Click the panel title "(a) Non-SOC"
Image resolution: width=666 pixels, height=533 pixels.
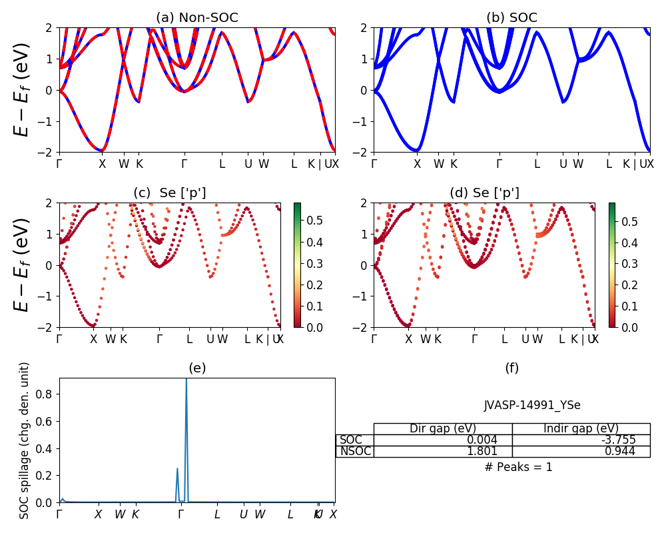[x=196, y=18]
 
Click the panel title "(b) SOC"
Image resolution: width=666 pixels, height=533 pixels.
[x=511, y=18]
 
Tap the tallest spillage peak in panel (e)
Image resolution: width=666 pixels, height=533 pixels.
[x=186, y=380]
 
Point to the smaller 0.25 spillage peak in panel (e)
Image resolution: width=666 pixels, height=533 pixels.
[x=177, y=469]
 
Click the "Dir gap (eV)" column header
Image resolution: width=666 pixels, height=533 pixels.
[x=443, y=428]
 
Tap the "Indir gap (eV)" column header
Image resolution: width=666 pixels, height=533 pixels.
[x=581, y=428]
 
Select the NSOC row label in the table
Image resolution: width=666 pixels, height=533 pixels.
[x=355, y=451]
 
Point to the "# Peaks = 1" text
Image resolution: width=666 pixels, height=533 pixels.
[x=518, y=467]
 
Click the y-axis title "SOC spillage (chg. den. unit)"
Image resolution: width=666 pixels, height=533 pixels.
[x=25, y=440]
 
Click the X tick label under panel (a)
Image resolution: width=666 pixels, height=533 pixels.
[x=102, y=164]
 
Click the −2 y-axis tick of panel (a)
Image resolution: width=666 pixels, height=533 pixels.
[x=48, y=152]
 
